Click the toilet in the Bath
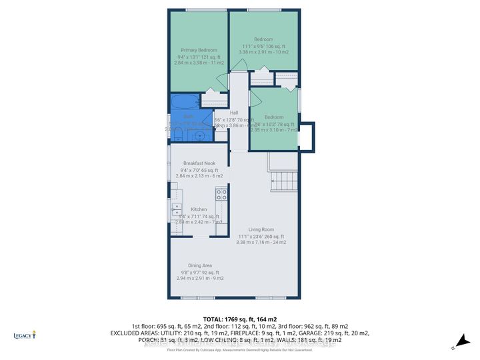(178, 134)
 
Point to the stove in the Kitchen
(221, 195)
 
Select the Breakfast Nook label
(200, 163)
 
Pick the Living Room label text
(261, 229)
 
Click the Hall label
(234, 113)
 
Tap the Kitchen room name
(199, 209)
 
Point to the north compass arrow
(454, 346)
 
